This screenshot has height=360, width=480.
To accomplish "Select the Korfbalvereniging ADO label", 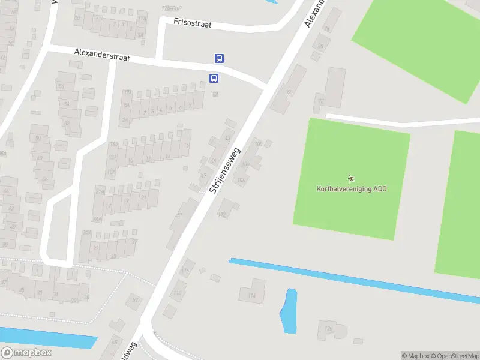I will pyautogui.click(x=352, y=188).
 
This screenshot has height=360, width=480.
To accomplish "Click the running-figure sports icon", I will pyautogui.click(x=351, y=178).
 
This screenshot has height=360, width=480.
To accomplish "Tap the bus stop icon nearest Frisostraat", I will pyautogui.click(x=220, y=59).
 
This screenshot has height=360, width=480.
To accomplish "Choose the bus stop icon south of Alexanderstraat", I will pyautogui.click(x=213, y=78).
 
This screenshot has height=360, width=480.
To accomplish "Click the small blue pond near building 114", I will pyautogui.click(x=289, y=311).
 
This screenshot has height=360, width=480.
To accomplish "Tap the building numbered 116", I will pyautogui.click(x=185, y=272).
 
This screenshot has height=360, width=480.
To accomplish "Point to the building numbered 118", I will pyautogui.click(x=178, y=292).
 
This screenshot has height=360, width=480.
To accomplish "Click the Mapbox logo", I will pyautogui.click(x=26, y=353).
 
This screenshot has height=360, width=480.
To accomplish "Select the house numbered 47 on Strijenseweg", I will pyautogui.click(x=203, y=176).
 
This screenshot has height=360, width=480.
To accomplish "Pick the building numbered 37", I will pyautogui.click(x=136, y=299).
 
